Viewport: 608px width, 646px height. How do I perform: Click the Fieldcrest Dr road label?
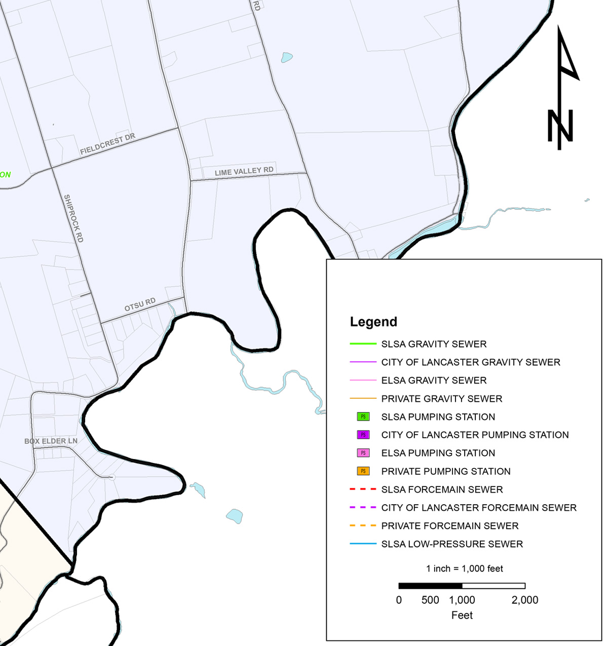(x=107, y=144)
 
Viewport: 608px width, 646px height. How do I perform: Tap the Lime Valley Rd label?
(x=244, y=172)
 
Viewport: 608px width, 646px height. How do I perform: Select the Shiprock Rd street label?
(x=73, y=218)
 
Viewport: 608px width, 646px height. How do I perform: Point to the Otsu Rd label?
(x=140, y=305)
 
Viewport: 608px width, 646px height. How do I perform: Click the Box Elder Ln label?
(x=51, y=441)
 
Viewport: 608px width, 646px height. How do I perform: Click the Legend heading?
(x=373, y=322)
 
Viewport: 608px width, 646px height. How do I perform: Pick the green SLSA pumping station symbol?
(x=363, y=416)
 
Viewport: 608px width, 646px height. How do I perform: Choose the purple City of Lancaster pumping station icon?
(x=363, y=435)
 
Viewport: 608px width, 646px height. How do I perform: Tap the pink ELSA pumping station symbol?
(x=363, y=453)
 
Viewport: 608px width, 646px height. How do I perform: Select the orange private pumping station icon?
(x=363, y=471)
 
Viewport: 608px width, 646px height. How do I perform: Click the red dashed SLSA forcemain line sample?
(x=363, y=489)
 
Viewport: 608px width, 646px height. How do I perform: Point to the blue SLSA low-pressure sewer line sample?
(x=363, y=544)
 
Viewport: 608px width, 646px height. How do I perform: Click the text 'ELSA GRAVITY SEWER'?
(x=434, y=381)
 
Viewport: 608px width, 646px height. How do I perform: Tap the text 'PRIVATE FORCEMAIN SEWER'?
(x=450, y=526)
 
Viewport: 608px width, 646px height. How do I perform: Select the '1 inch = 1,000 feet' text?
(x=465, y=568)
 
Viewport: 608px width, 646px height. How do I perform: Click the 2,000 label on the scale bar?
(x=525, y=600)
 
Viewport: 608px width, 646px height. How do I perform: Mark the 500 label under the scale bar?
(x=430, y=600)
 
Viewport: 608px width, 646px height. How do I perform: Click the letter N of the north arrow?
(x=560, y=126)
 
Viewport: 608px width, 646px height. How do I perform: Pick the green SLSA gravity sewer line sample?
(x=363, y=344)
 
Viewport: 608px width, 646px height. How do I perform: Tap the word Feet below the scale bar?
(x=462, y=615)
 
